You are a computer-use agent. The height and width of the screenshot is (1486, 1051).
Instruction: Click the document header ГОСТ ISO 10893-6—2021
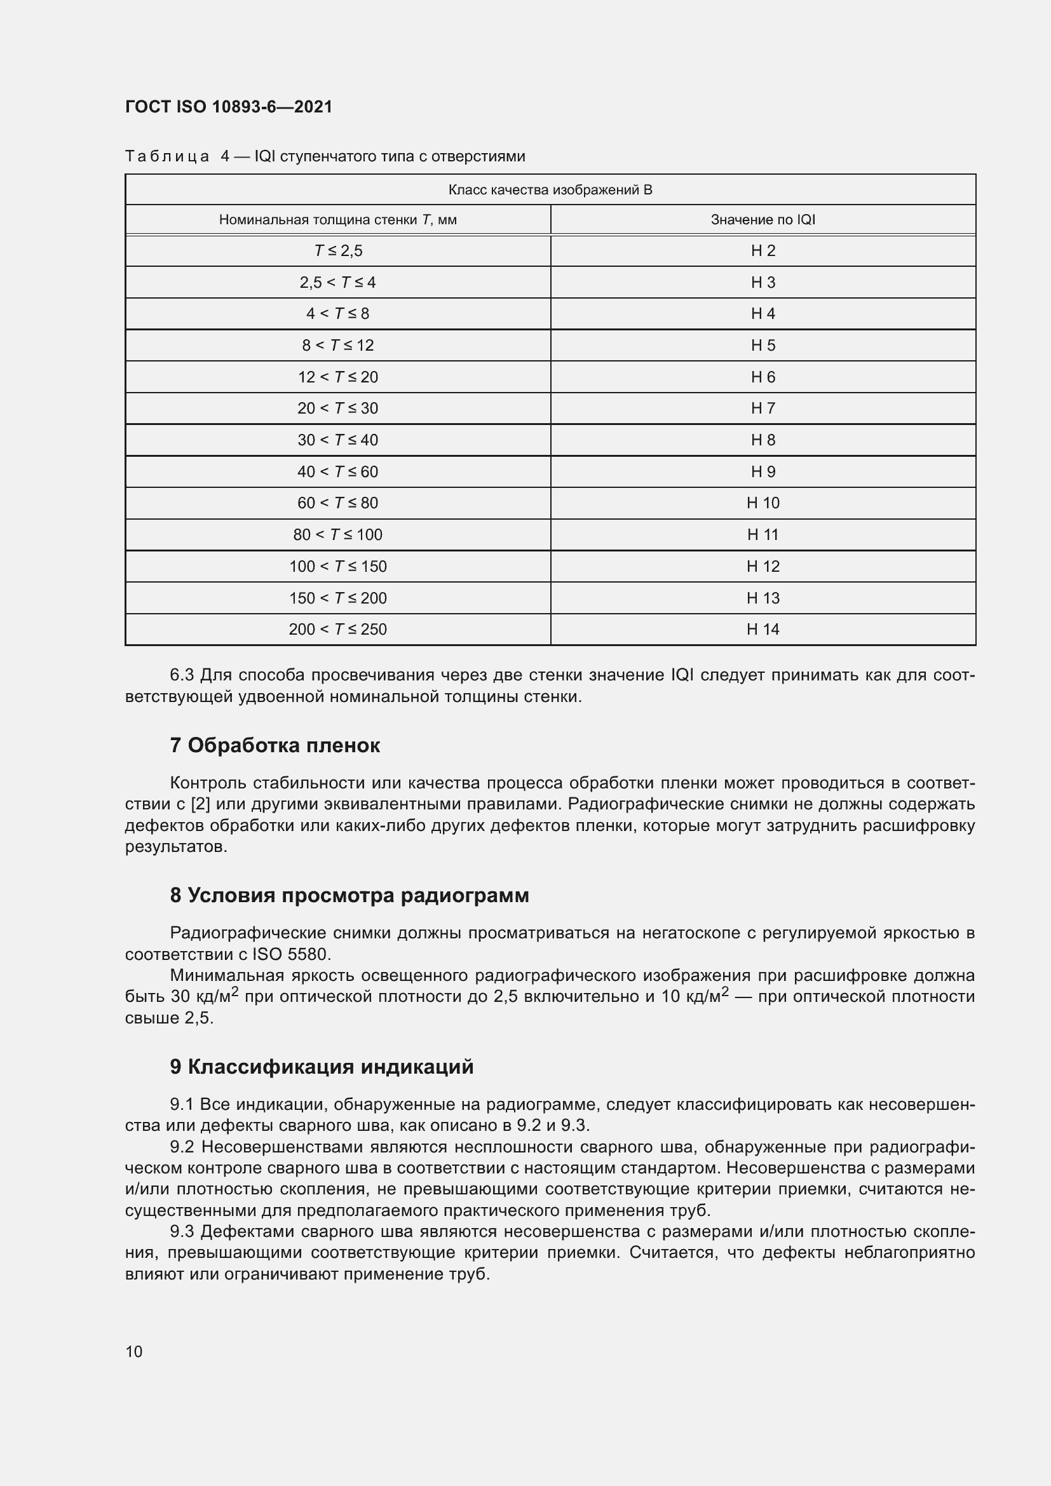229,107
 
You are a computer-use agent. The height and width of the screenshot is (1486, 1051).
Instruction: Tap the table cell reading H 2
763,250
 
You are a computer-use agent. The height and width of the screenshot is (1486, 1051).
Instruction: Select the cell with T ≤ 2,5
338,250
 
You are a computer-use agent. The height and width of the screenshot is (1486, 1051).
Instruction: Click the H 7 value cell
763,409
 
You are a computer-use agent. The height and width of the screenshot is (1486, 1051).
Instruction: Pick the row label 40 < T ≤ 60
338,472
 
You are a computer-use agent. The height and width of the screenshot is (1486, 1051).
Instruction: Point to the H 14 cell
763,629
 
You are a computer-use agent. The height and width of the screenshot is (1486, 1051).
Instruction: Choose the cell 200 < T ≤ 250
338,629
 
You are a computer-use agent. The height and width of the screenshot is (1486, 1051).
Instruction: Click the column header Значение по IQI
763,219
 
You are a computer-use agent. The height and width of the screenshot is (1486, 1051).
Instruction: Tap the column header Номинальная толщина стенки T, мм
338,219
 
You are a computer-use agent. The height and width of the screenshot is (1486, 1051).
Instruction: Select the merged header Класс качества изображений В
550,189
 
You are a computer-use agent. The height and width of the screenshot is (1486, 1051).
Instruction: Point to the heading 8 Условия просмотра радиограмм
349,895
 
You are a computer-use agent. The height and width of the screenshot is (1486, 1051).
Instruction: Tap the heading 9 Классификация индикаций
322,1066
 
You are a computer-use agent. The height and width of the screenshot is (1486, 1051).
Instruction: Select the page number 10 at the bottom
134,1351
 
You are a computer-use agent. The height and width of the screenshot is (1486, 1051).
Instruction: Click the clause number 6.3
181,675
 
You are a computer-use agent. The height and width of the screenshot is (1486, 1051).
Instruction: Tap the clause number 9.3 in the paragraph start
182,1231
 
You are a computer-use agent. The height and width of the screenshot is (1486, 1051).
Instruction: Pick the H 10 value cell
763,503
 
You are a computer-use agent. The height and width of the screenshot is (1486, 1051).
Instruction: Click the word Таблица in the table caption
167,156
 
